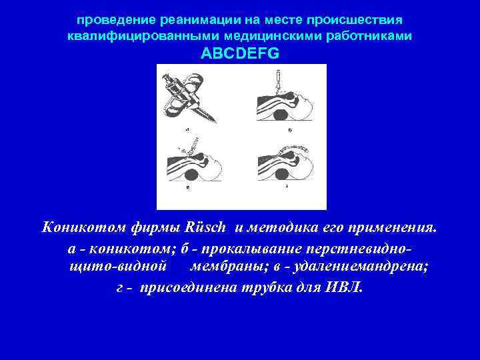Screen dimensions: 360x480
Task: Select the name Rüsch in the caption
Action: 210,229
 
